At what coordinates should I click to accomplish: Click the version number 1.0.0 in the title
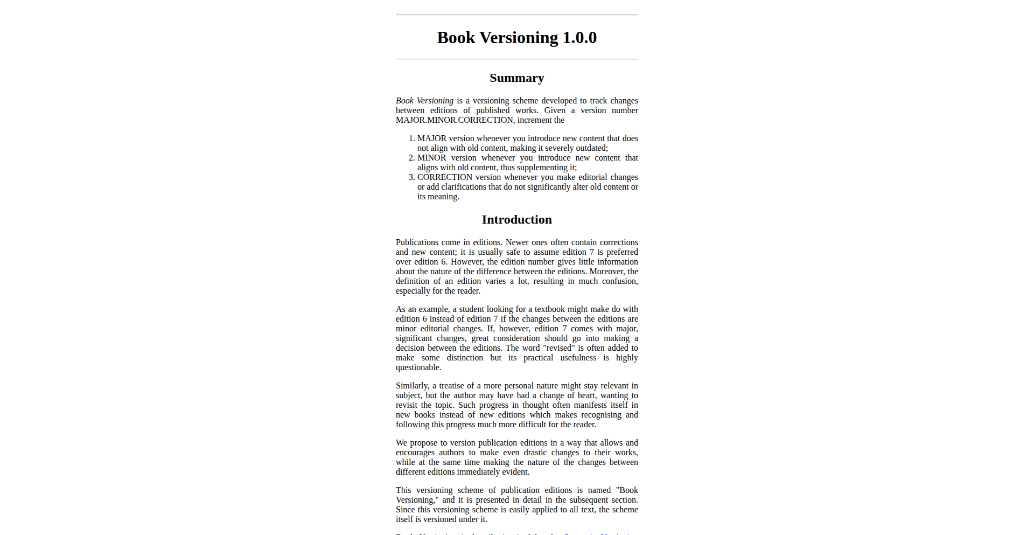pos(579,38)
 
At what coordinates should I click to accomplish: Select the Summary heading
pos(516,78)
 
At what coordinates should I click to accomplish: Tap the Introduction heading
pos(516,220)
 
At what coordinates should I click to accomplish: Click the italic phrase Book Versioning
pos(424,101)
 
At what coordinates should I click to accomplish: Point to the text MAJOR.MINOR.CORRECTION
pos(455,120)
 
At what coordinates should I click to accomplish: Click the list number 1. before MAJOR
pos(412,138)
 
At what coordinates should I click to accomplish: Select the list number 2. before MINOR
pos(412,158)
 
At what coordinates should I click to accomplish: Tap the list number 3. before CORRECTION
pos(412,177)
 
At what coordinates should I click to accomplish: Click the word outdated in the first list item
pos(591,148)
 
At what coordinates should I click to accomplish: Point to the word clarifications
pos(464,187)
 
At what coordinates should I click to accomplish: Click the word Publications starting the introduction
pos(417,242)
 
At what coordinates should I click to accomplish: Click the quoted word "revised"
pos(559,348)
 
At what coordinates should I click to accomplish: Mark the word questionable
pos(418,367)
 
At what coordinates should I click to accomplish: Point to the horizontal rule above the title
pos(516,15)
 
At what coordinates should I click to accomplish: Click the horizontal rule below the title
pos(516,59)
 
